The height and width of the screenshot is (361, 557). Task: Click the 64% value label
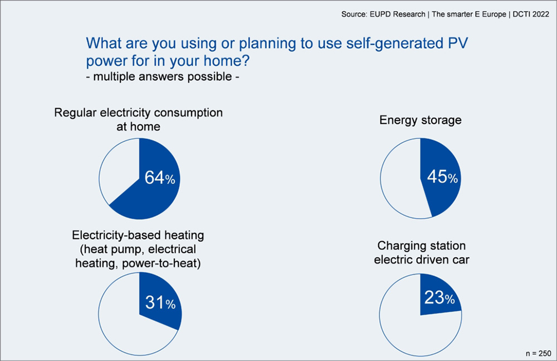coord(160,177)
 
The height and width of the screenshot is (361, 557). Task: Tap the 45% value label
coord(442,176)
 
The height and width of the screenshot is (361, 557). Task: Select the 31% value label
coord(160,302)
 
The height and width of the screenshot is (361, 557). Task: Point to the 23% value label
coord(439,297)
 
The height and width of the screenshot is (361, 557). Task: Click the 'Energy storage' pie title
coord(420,120)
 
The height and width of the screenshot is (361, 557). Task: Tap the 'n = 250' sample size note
coord(539,353)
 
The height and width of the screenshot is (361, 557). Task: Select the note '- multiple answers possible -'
coord(162,76)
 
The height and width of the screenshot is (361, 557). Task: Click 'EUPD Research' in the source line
coord(398,15)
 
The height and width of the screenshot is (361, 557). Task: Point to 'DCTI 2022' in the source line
coord(531,15)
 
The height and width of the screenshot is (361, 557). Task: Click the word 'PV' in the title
coord(458,43)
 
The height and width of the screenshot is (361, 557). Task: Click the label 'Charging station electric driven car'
coord(421,252)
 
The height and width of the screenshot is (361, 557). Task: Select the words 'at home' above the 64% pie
coord(138,127)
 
